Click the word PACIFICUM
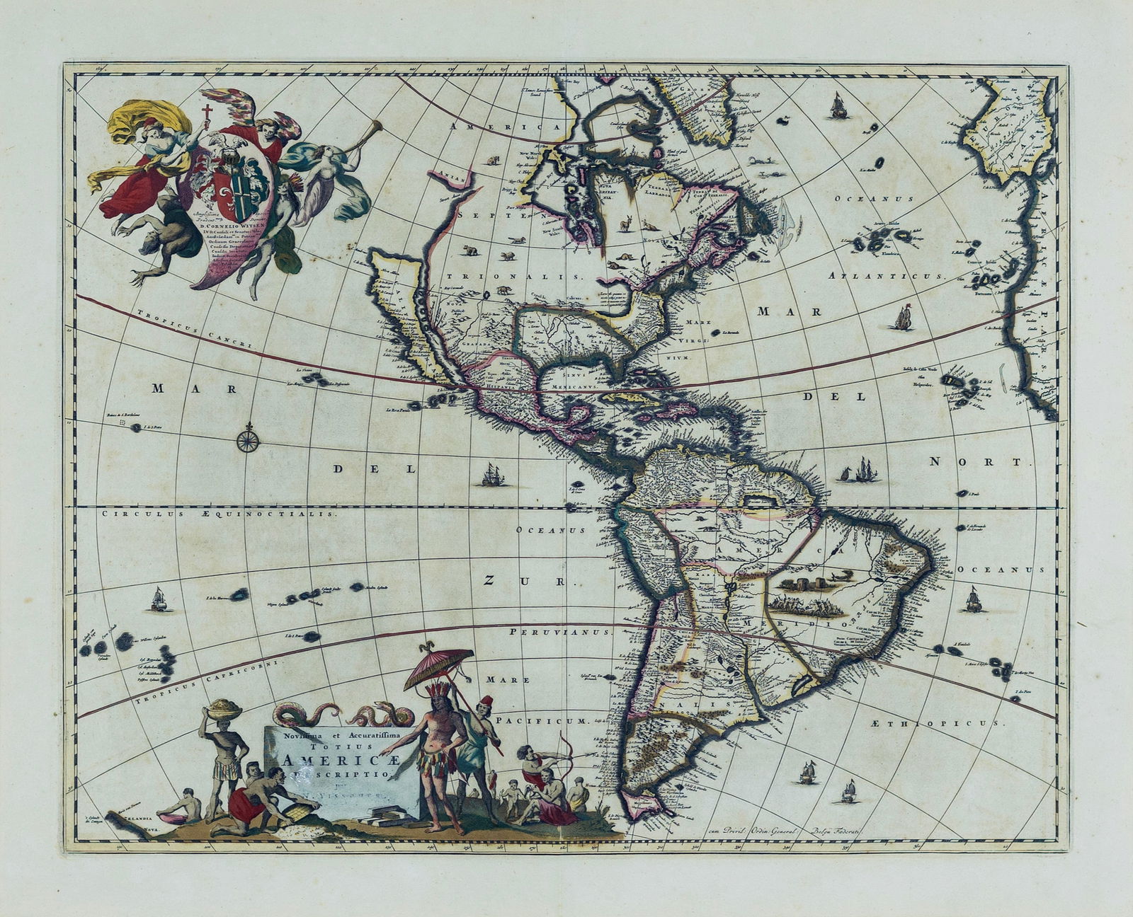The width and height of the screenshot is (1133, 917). [542, 720]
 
